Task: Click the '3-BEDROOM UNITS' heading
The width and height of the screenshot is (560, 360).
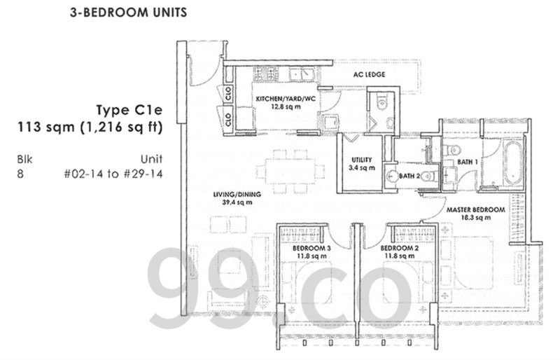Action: (128, 13)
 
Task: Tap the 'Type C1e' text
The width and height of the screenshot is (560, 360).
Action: (129, 110)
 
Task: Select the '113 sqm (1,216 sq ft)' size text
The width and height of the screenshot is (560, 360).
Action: (90, 127)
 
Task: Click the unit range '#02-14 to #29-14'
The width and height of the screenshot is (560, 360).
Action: (113, 174)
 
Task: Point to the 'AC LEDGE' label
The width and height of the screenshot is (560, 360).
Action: (370, 74)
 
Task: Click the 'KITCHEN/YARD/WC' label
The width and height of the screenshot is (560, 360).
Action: (286, 99)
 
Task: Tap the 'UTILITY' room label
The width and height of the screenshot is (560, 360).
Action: (361, 160)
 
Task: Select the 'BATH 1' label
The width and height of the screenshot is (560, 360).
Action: (468, 162)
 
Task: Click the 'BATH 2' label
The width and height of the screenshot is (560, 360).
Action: (409, 176)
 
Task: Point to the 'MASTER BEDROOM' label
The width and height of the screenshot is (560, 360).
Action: (476, 210)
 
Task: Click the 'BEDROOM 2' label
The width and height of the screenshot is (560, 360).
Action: (399, 248)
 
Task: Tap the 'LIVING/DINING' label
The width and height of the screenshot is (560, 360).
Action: (237, 195)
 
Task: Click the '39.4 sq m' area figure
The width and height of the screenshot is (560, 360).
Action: (237, 202)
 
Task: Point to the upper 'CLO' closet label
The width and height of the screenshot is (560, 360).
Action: (228, 94)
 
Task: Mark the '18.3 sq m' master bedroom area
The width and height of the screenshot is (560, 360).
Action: (476, 218)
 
